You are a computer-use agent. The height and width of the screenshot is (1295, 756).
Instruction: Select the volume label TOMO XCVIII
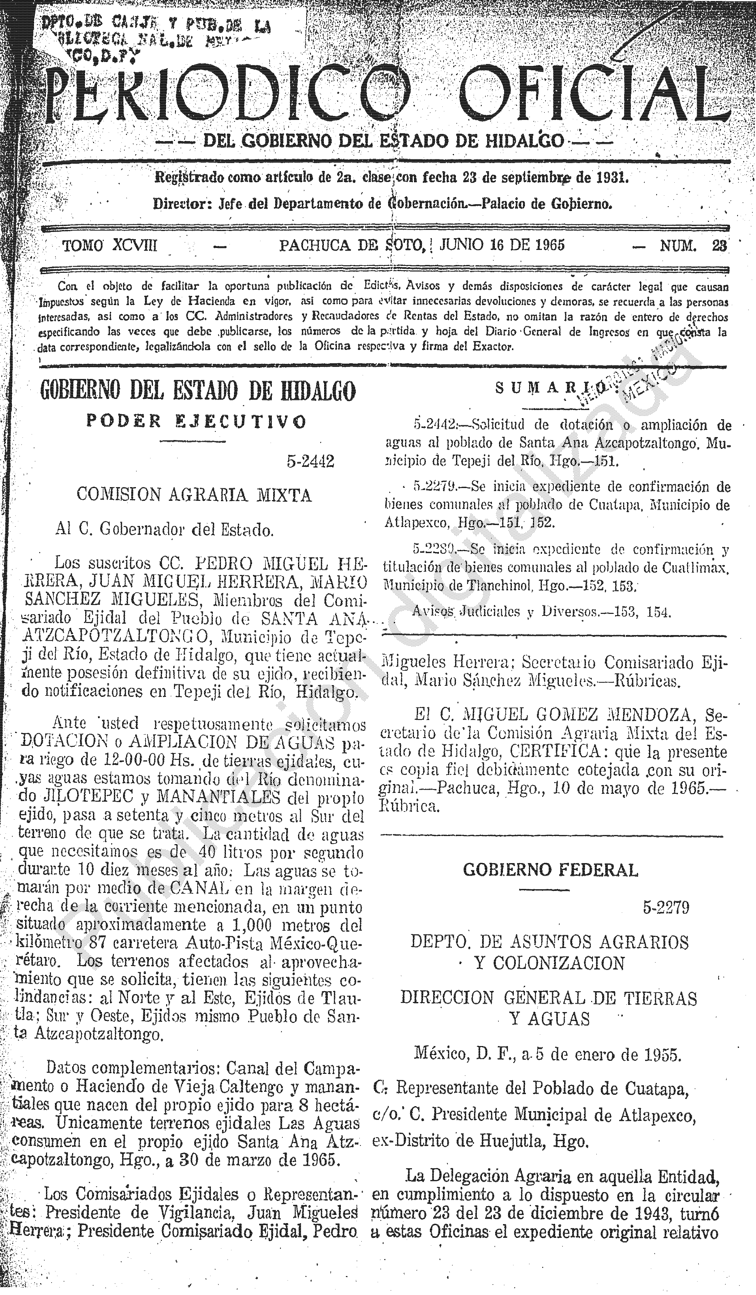coord(110,246)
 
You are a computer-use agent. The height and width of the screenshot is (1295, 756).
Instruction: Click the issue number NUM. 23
coord(693,246)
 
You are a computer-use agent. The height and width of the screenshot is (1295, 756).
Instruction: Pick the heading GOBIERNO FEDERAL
coord(551,870)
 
